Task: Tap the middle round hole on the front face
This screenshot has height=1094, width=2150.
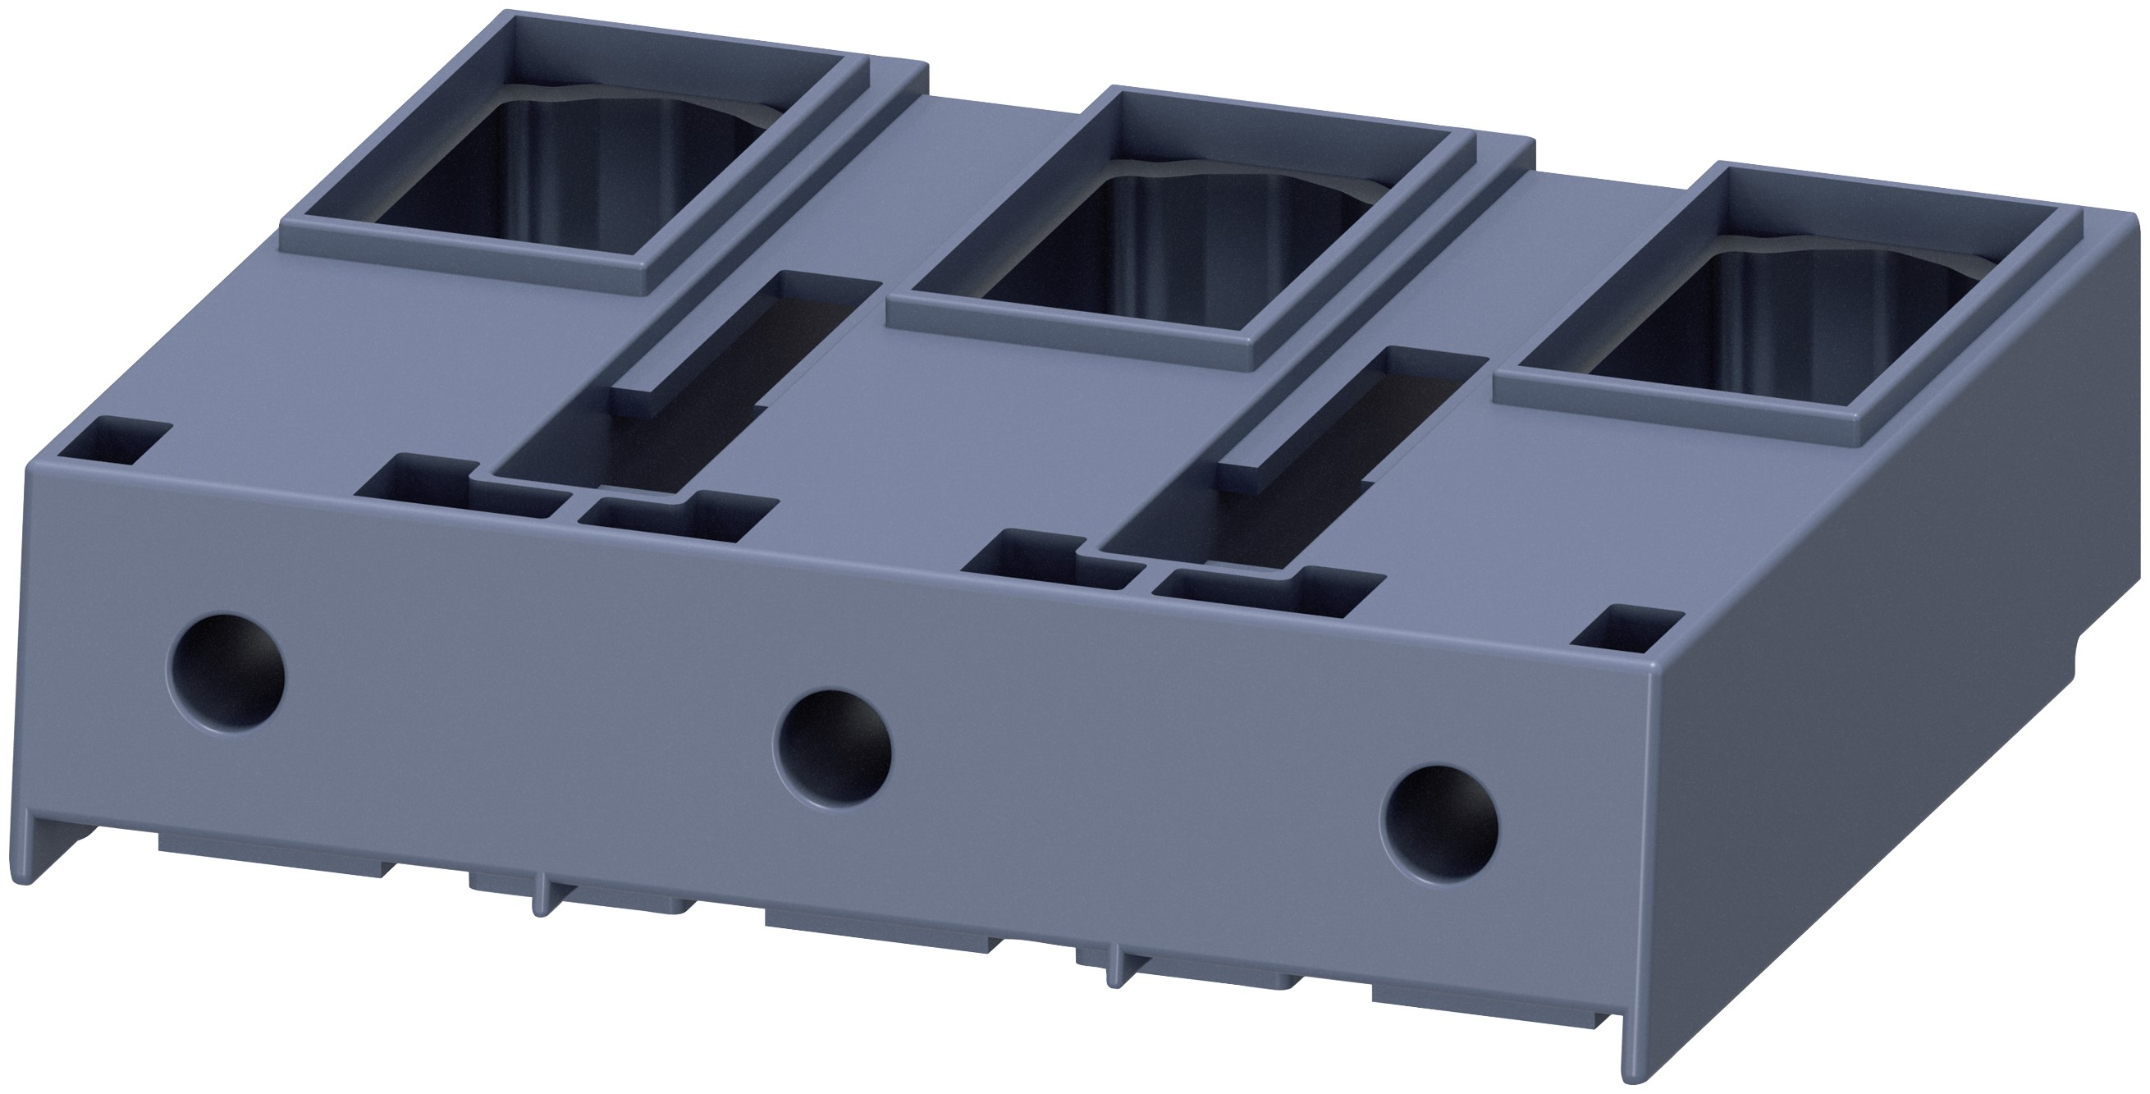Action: (x=833, y=747)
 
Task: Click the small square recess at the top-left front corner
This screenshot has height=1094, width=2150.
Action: (x=115, y=442)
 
